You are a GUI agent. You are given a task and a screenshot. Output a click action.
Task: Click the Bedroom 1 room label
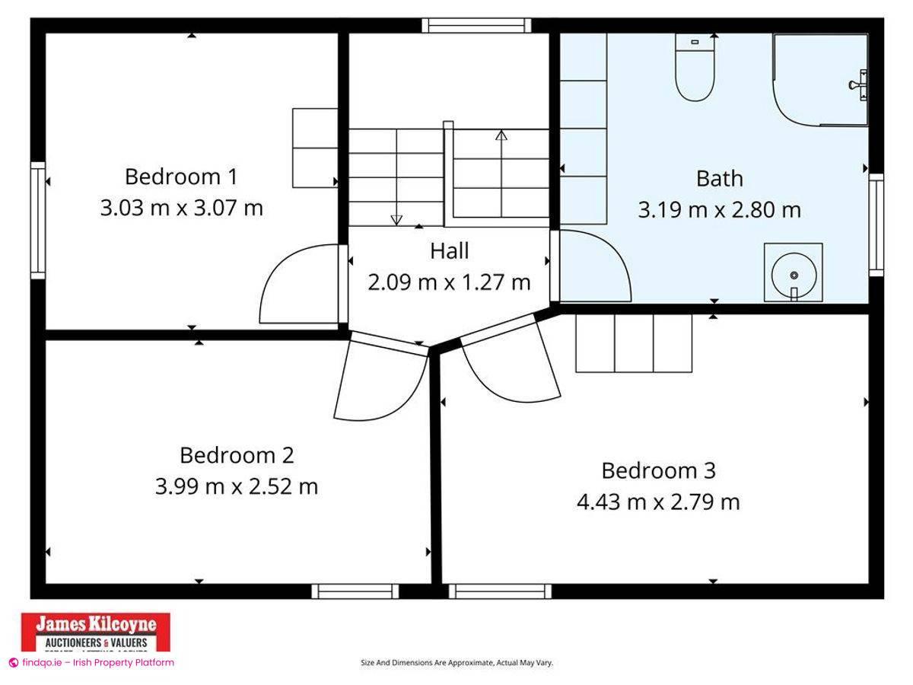click(181, 177)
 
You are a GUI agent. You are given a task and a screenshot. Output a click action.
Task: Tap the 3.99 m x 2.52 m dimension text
click(236, 486)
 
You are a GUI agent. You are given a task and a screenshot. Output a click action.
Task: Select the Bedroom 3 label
click(658, 470)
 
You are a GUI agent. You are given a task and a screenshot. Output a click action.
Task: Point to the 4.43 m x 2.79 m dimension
click(658, 502)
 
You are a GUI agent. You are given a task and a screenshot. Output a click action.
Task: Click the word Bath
click(719, 179)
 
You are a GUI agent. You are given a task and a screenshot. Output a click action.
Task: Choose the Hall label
click(449, 250)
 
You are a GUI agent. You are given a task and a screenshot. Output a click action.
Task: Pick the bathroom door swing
click(593, 266)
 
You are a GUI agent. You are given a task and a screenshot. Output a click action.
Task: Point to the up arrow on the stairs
click(501, 136)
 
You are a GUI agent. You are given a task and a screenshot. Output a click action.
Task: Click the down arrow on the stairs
click(396, 219)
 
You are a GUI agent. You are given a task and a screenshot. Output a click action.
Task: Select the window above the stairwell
click(477, 25)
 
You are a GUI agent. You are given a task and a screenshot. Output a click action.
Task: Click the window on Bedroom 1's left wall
click(38, 220)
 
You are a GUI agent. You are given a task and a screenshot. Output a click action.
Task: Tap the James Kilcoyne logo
click(95, 631)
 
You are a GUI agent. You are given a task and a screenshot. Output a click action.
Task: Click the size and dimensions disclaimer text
click(456, 663)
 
